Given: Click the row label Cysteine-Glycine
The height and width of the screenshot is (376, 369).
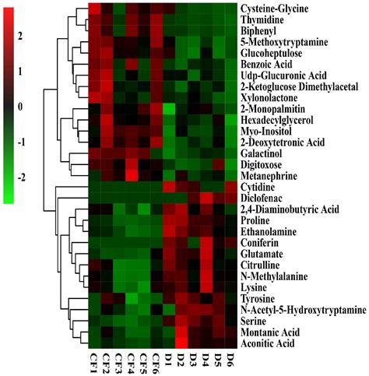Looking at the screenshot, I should click(279, 9).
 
